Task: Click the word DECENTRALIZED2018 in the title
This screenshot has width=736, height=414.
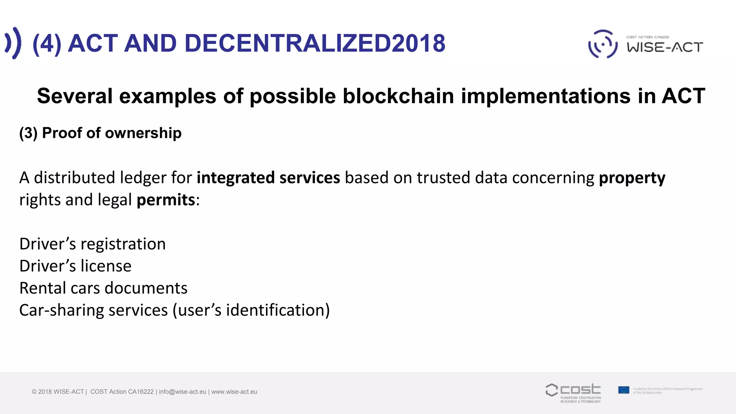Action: tap(315, 43)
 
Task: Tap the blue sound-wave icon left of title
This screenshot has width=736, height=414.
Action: tap(13, 43)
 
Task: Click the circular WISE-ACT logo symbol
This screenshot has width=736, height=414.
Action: tap(603, 44)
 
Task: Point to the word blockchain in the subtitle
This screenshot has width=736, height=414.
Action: tap(398, 96)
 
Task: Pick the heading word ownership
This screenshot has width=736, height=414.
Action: tap(143, 133)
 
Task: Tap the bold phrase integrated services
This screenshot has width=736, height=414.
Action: tap(268, 178)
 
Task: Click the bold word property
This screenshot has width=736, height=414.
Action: tap(632, 178)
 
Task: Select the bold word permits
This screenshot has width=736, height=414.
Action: tap(166, 200)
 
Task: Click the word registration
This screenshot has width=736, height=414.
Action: tap(123, 244)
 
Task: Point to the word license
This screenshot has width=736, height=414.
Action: tap(106, 266)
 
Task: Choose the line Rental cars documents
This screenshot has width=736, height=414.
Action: tap(103, 288)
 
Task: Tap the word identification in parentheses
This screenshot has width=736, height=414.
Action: tap(275, 310)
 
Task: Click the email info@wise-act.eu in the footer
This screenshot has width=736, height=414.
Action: tap(183, 392)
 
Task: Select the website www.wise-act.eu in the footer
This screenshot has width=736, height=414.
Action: tap(234, 392)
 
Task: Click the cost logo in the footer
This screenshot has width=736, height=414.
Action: tap(573, 392)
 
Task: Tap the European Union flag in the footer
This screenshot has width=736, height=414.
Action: tap(624, 390)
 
